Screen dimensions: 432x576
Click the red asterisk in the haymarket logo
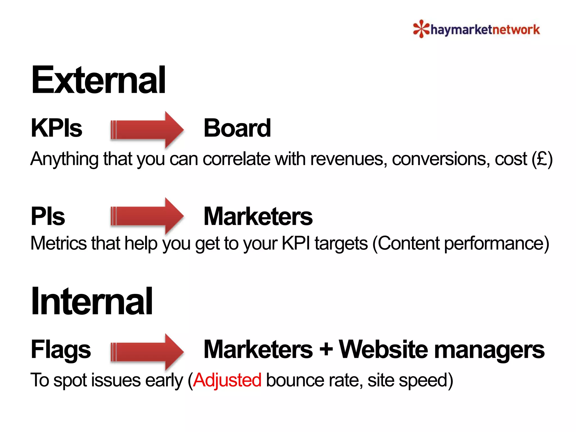[421, 29]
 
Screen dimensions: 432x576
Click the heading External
[98, 80]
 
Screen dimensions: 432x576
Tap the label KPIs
[56, 128]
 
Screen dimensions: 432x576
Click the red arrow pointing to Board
[147, 130]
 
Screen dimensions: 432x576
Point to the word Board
[237, 128]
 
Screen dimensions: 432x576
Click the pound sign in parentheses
[542, 159]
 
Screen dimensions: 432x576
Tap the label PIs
[48, 216]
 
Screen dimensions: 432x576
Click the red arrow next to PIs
[147, 216]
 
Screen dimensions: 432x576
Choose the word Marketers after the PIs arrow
[258, 216]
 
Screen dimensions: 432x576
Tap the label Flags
[61, 350]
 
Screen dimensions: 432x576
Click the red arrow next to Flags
[147, 352]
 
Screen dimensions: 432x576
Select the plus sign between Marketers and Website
[326, 350]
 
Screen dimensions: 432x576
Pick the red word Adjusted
[227, 380]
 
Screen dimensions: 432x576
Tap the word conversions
[440, 159]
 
